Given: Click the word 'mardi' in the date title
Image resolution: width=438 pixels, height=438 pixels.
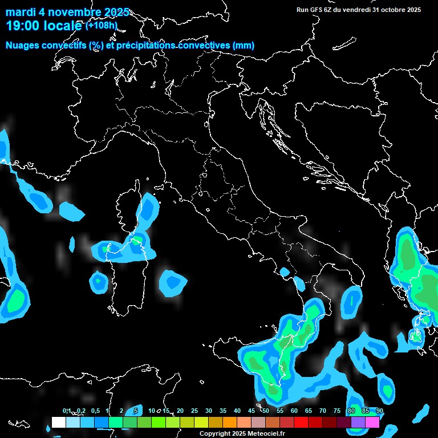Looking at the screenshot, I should [20, 12].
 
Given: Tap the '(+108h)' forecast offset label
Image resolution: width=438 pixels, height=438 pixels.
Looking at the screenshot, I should [101, 25].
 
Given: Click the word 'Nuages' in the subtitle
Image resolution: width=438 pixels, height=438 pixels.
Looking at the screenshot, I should [23, 45].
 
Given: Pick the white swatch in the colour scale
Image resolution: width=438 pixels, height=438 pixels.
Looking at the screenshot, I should [58, 423].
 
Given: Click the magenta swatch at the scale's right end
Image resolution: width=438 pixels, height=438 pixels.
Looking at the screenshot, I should [372, 423].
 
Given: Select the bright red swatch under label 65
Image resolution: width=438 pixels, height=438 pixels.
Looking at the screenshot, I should [301, 423].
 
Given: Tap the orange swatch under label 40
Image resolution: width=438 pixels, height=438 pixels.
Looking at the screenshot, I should [229, 423].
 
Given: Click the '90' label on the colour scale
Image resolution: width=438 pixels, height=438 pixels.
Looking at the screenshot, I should [380, 411].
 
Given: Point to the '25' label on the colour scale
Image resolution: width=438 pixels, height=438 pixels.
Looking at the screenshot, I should [194, 411].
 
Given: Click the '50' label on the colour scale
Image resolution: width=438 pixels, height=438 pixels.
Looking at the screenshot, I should [266, 411].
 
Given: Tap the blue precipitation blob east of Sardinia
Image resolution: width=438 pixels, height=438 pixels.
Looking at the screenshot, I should [172, 282].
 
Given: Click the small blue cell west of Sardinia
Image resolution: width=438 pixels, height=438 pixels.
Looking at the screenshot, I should [98, 281].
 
